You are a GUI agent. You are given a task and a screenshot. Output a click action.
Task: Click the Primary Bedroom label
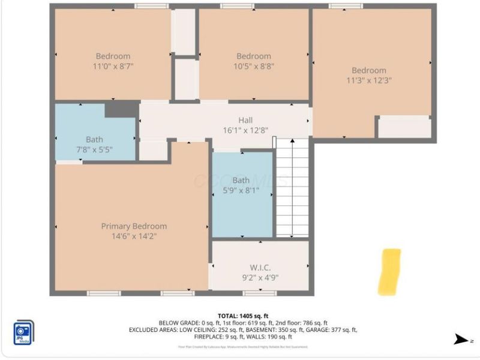[x=134, y=226]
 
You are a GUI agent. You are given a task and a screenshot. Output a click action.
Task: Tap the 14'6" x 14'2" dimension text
[x=134, y=236]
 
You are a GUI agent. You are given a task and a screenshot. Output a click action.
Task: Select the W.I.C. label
[x=260, y=268]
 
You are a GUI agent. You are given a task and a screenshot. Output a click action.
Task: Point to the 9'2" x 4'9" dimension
[x=260, y=278]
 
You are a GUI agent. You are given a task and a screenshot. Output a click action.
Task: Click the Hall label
[x=245, y=120]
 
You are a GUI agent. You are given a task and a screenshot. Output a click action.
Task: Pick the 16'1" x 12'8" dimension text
[x=245, y=130]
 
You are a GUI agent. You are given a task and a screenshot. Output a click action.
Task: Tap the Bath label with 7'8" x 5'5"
[x=94, y=139]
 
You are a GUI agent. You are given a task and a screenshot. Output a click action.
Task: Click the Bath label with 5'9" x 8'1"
[x=241, y=180]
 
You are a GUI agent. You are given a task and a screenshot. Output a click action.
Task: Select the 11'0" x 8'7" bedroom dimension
[x=113, y=67]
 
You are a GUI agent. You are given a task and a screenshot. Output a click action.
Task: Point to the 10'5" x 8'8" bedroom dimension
[x=253, y=67]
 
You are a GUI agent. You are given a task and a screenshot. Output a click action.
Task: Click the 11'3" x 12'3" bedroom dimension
[x=369, y=80]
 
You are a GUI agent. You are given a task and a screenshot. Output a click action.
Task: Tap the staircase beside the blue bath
[x=292, y=187]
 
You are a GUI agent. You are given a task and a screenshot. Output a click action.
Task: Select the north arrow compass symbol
[x=461, y=340]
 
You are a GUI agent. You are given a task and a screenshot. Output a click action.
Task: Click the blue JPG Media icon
[x=23, y=332]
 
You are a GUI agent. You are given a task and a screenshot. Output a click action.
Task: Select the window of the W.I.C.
[x=260, y=293]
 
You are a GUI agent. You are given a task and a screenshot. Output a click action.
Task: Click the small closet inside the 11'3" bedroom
[x=404, y=127]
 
